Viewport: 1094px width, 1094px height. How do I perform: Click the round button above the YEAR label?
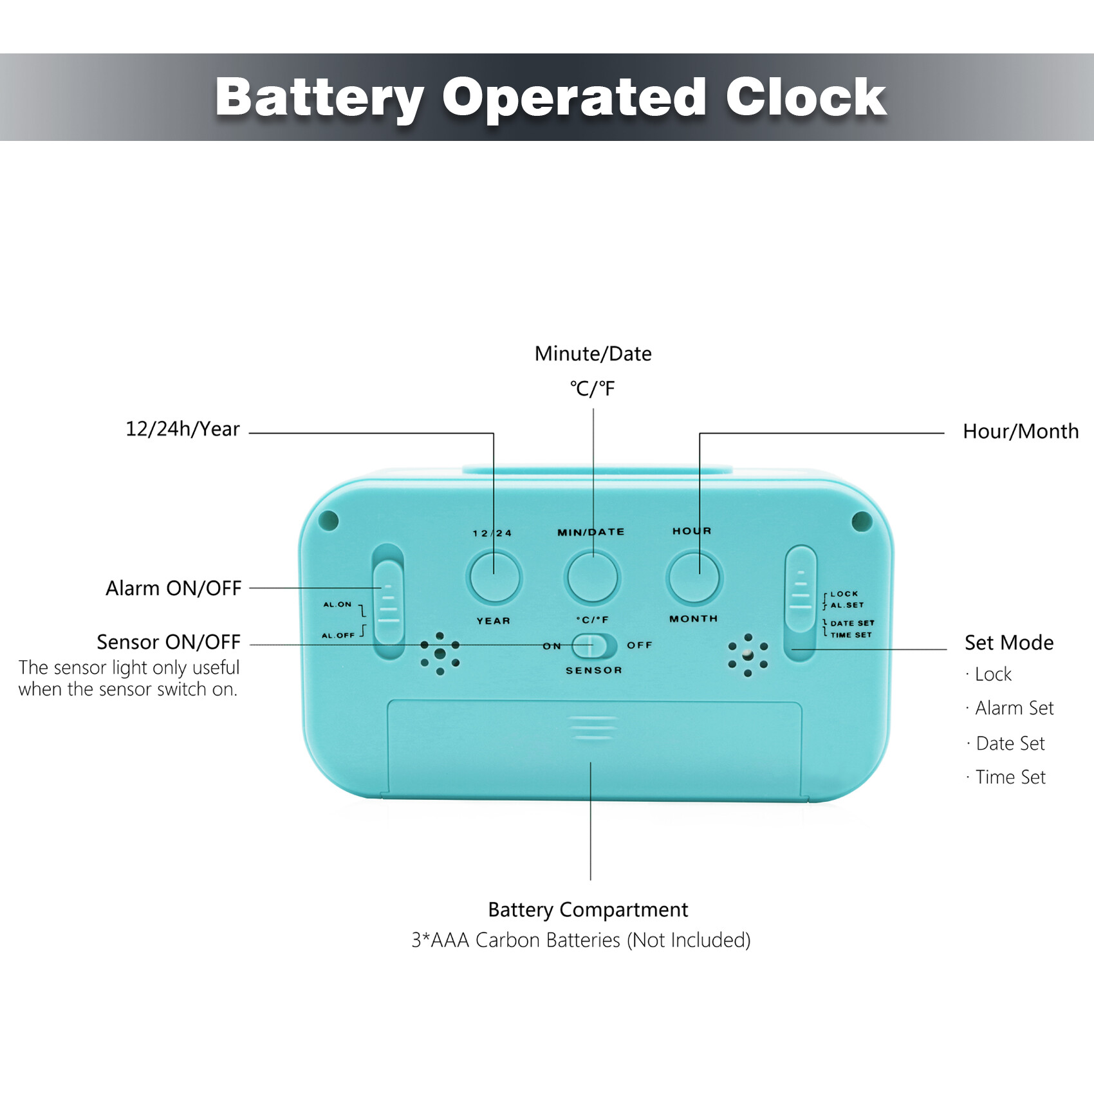494,577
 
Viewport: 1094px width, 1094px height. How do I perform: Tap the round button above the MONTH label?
694,577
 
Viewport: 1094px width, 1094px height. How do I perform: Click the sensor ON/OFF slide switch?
594,645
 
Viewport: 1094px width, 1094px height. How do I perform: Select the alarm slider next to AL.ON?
388,602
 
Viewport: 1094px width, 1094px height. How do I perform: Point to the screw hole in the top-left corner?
329,520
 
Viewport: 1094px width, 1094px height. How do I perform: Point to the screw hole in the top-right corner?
862,521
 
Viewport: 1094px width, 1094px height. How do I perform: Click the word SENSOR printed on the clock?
594,670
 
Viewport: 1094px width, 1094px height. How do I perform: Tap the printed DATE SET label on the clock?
852,623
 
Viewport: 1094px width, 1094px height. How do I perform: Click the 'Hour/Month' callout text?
1021,431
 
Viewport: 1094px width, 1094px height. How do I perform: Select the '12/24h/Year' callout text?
183,429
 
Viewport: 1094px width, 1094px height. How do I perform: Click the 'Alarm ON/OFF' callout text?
174,588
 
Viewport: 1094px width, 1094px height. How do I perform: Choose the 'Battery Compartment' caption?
588,910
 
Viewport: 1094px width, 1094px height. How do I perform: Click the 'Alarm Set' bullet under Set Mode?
1014,708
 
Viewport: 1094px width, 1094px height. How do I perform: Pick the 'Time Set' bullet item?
1010,777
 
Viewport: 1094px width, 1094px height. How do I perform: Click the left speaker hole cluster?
440,653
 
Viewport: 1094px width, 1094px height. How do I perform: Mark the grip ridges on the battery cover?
593,728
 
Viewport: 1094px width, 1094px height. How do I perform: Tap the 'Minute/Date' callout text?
593,354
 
